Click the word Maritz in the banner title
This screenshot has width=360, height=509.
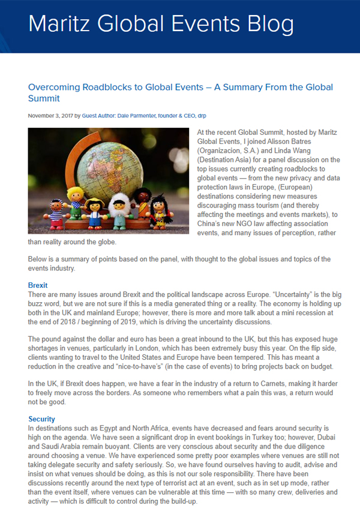[59, 23]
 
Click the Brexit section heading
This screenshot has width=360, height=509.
[38, 285]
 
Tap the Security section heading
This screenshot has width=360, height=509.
[41, 418]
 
